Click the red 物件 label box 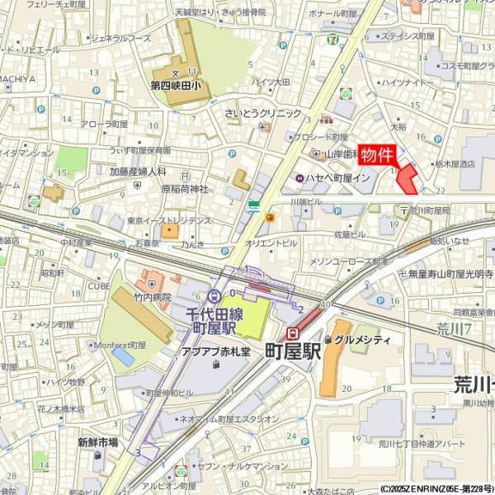[378, 155]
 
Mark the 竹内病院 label [153, 297]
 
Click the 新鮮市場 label [98, 442]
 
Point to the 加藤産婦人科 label [138, 172]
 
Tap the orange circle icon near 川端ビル [269, 217]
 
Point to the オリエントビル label [270, 243]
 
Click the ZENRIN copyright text [436, 488]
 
